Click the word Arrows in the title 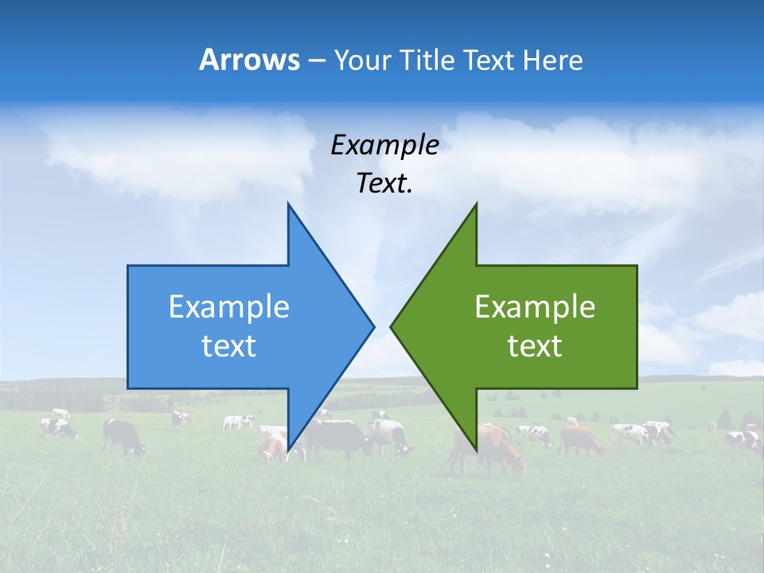[249, 60]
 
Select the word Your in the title [359, 60]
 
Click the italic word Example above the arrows [384, 146]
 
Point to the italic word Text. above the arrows [384, 184]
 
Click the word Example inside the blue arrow [229, 307]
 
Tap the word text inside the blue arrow [229, 346]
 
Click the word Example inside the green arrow [535, 307]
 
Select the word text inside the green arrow [535, 346]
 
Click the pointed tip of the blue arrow [373, 326]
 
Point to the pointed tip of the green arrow [392, 326]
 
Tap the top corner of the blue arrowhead [289, 205]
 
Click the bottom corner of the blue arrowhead [289, 450]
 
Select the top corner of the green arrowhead [476, 205]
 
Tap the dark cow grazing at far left [123, 436]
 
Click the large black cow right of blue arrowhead [338, 438]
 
